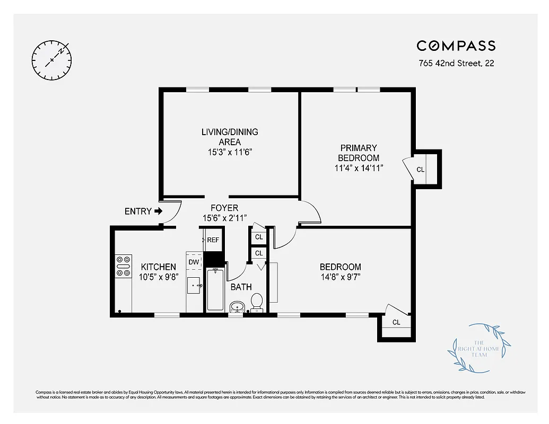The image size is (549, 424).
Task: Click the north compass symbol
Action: point(51,59)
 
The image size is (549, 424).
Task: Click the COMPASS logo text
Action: point(456,46)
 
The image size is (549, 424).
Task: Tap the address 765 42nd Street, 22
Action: point(456,64)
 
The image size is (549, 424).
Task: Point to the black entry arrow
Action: point(159,211)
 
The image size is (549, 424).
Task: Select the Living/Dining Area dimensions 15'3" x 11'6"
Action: point(229,152)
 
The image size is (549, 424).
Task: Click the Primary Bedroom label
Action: point(359,153)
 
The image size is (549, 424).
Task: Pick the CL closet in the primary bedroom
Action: point(421,170)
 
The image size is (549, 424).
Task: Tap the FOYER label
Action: point(224,208)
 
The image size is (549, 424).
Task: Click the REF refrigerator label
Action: point(213,240)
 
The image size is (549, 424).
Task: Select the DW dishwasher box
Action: point(194,262)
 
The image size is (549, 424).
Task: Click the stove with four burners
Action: point(123,266)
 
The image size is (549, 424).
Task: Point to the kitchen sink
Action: point(194,286)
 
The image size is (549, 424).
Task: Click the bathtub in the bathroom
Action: point(215,290)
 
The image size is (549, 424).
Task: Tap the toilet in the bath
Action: point(257,303)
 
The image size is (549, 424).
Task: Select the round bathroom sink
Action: point(237,307)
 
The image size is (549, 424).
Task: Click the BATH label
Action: point(241,287)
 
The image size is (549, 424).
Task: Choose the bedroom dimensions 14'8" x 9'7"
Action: point(340,277)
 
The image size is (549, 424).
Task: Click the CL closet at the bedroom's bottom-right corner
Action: point(396,322)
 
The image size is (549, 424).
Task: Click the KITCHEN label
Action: point(158,267)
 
